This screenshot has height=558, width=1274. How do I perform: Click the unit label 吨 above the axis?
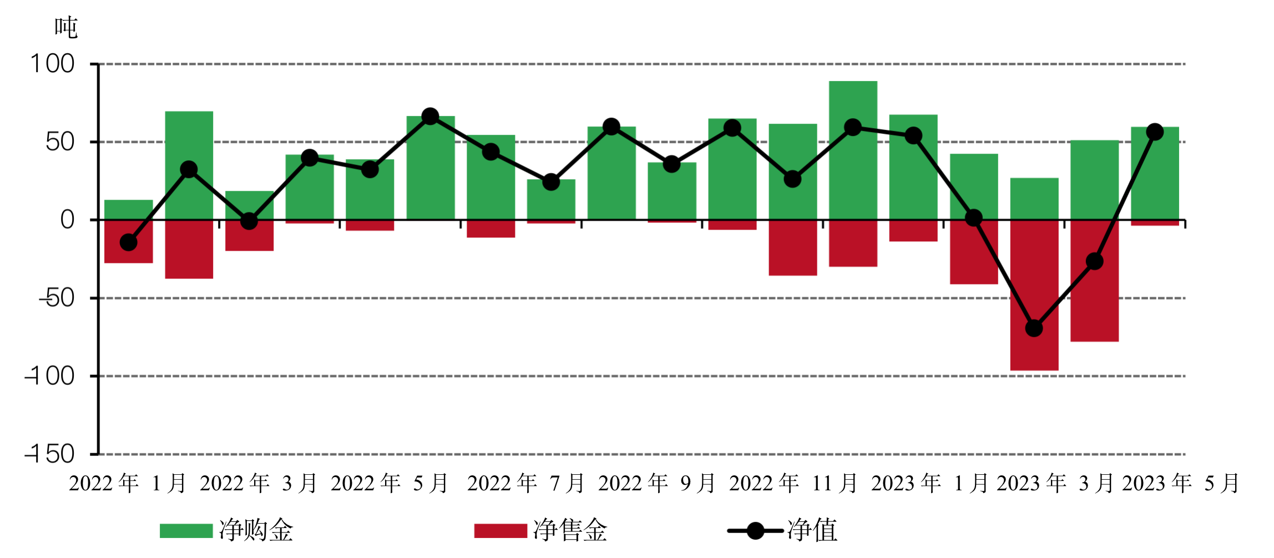coord(66,28)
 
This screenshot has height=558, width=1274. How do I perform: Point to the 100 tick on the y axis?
coord(53,64)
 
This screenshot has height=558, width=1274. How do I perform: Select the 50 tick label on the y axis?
coord(60,143)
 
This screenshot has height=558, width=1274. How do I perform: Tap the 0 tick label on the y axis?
coord(67,220)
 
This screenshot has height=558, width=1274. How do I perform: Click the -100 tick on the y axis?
coord(50,377)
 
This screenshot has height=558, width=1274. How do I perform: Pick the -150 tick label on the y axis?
coord(50,454)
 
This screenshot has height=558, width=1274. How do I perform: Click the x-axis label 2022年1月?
coord(127,484)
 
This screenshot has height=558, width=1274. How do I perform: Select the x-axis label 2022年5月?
coord(390,484)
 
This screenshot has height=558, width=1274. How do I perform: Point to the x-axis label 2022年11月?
coord(793,484)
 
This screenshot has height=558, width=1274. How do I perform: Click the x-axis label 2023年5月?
coord(1181,484)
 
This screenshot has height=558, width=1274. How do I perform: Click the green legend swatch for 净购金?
coord(186,531)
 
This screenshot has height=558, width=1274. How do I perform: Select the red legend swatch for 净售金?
coord(501,531)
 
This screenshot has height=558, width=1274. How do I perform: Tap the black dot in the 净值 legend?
coord(755,531)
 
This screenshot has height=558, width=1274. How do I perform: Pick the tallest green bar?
coord(853,150)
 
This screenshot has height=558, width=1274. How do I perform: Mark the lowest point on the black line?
coord(1034,328)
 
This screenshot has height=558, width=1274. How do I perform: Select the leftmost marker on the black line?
coord(129,242)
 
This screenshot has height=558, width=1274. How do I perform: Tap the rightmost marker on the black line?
coord(1155,132)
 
